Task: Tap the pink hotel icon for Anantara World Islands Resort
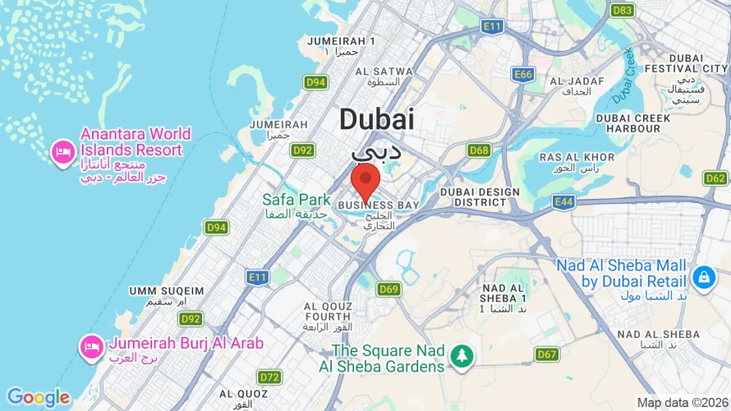click(62, 152)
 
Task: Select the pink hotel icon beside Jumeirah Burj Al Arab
click(90, 347)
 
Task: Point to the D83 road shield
click(622, 10)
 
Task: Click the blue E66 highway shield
click(522, 75)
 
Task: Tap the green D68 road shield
click(479, 150)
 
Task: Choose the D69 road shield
click(388, 289)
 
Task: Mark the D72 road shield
click(269, 377)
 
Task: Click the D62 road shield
click(715, 178)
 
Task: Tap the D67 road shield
click(547, 354)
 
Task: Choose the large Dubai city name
click(376, 120)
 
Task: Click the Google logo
click(38, 398)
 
